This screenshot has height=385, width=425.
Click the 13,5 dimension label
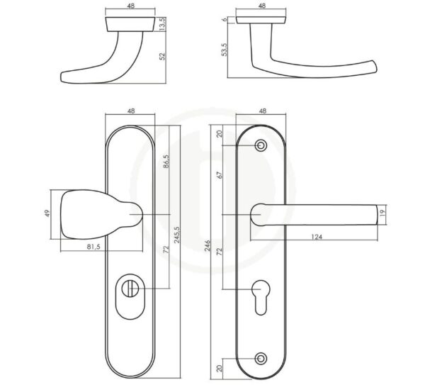pyautogui.click(x=162, y=24)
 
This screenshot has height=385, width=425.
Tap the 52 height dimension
pyautogui.click(x=162, y=56)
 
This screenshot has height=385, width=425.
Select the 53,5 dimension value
pyautogui.click(x=225, y=50)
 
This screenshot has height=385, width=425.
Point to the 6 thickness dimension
pyautogui.click(x=225, y=20)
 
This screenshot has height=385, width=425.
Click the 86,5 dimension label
pyautogui.click(x=166, y=161)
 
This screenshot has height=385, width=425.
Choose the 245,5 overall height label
pyautogui.click(x=176, y=235)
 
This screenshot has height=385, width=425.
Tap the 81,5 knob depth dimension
pyautogui.click(x=93, y=247)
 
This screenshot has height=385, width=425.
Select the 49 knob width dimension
pyautogui.click(x=47, y=213)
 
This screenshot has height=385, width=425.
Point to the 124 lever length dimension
pyautogui.click(x=317, y=237)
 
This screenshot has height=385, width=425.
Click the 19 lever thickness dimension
pyautogui.click(x=382, y=213)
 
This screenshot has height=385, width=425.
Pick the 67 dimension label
pyautogui.click(x=220, y=175)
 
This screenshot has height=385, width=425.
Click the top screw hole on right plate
pyautogui.click(x=261, y=145)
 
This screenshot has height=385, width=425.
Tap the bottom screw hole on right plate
pyautogui.click(x=261, y=358)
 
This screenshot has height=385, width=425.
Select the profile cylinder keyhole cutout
pyautogui.click(x=261, y=297)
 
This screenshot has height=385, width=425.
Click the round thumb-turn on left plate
pyautogui.click(x=130, y=289)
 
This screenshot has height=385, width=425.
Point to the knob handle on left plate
pyautogui.click(x=101, y=214)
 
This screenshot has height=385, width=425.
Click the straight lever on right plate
pyautogui.click(x=314, y=215)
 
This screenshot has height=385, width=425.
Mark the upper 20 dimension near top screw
pyautogui.click(x=220, y=134)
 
